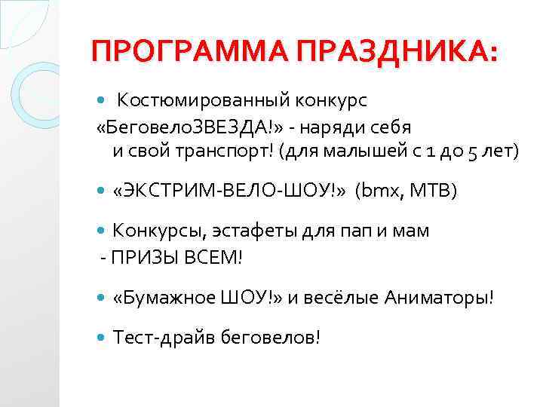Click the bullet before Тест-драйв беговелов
click(x=103, y=338)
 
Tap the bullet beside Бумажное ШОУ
click(x=103, y=298)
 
